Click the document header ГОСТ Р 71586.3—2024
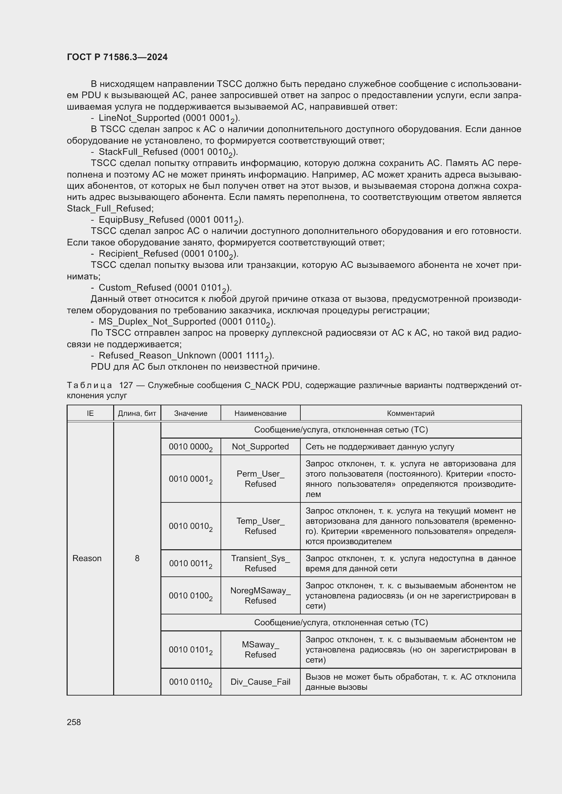pyautogui.click(x=117, y=57)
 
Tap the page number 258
pyautogui.click(x=74, y=722)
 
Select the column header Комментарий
pyautogui.click(x=410, y=413)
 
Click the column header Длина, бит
pyautogui.click(x=137, y=413)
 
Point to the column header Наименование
pyautogui.click(x=260, y=413)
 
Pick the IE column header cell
pyautogui.click(x=90, y=413)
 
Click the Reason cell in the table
pyautogui.click(x=87, y=558)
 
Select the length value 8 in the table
pyautogui.click(x=137, y=558)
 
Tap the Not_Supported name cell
pyautogui.click(x=260, y=446)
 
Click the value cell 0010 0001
pyautogui.click(x=191, y=479)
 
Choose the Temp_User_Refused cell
pyautogui.click(x=260, y=526)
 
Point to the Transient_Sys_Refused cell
pyautogui.click(x=260, y=564)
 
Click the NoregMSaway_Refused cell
pyautogui.click(x=260, y=595)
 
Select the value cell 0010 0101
pyautogui.click(x=191, y=650)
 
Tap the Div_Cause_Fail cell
pyautogui.click(x=260, y=682)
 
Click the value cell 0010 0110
pyautogui.click(x=191, y=682)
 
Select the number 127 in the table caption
pyautogui.click(x=126, y=385)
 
